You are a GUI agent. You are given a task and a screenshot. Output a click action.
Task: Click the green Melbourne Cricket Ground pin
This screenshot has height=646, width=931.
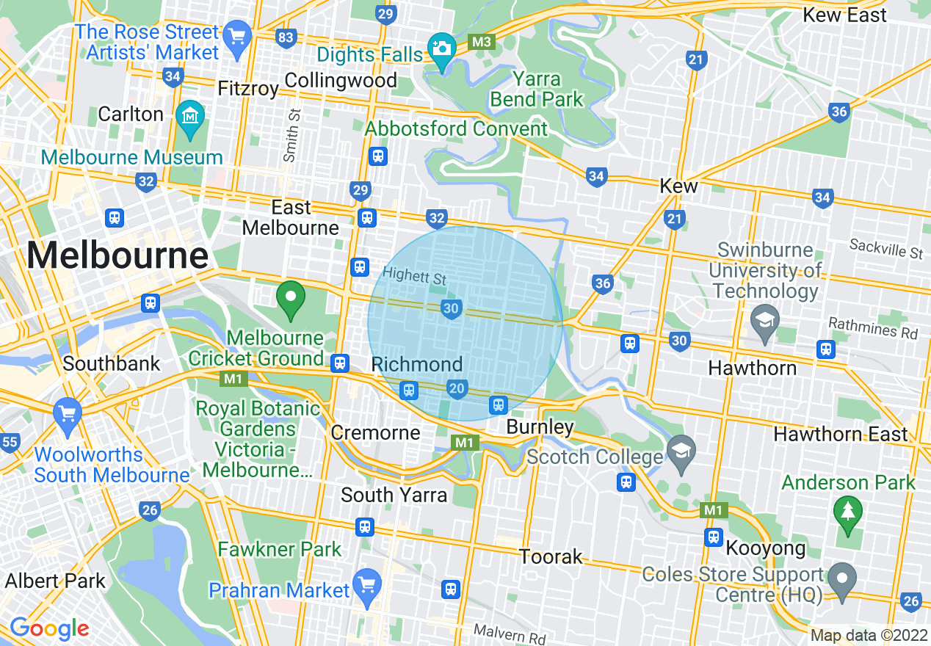[291, 298]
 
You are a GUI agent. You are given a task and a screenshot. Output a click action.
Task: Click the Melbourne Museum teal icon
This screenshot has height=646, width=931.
[190, 117]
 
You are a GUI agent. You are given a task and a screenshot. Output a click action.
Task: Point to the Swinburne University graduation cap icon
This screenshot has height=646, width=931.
[766, 321]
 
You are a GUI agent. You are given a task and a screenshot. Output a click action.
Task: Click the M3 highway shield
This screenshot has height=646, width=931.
[481, 42]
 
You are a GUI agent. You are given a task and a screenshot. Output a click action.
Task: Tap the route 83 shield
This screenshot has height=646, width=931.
[286, 37]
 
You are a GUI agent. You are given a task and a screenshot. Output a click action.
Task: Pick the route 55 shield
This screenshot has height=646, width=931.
[9, 442]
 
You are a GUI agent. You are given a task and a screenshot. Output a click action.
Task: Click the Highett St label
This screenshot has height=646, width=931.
[414, 278]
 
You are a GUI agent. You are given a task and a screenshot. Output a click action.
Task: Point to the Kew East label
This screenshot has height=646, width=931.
[844, 15]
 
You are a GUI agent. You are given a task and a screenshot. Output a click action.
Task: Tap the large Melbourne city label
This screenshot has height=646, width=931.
[117, 256]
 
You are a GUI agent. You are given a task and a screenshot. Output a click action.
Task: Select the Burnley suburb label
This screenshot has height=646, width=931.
[540, 427]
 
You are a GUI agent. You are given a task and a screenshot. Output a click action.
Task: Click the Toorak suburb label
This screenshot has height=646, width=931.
[551, 556]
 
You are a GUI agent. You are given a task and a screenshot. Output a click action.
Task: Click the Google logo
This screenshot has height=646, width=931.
[49, 628]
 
